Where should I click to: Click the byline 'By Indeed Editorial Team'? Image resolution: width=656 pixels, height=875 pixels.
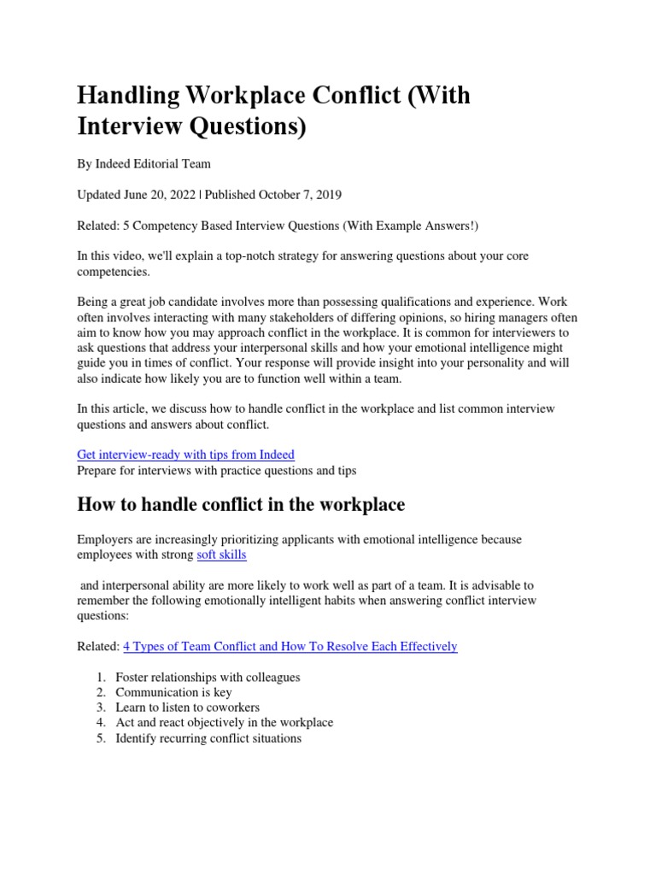coord(143,163)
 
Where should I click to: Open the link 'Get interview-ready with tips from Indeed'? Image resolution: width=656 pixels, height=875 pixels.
coord(186,455)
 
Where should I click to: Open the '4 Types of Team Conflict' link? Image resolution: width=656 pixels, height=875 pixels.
coord(290,647)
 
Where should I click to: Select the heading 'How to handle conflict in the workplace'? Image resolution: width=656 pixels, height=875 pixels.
coord(241,505)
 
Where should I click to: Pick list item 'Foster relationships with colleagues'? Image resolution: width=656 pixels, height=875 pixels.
coord(208,678)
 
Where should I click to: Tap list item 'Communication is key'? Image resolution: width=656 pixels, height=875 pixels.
coord(173,692)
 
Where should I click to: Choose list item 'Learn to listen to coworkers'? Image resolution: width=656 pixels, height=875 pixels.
coord(187,708)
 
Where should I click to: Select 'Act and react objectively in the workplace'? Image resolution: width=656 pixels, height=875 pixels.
coord(224,723)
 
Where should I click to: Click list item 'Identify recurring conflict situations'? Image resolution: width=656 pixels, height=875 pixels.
coord(208,738)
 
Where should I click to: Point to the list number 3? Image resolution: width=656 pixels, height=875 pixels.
coord(100,708)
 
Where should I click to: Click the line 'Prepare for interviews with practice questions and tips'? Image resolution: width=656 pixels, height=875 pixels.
coord(216,470)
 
